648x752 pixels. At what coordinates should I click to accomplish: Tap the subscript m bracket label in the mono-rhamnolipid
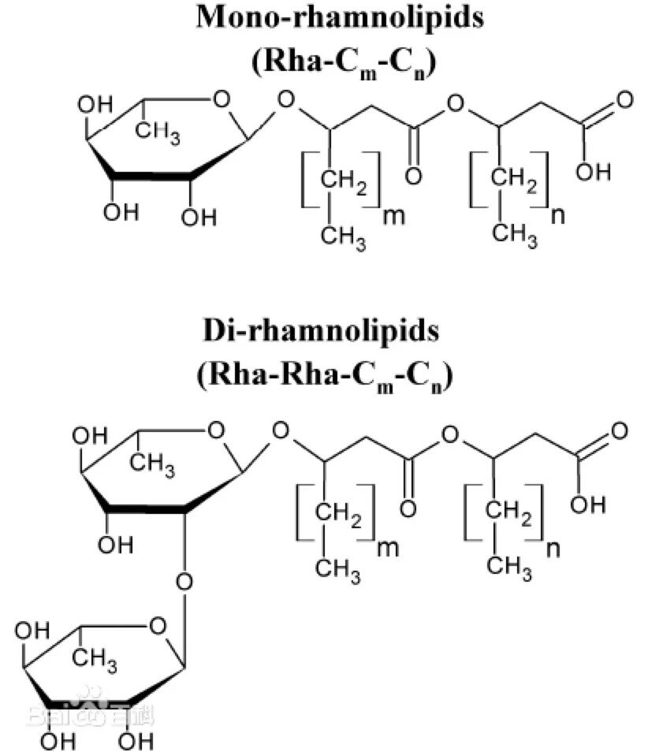coord(392,215)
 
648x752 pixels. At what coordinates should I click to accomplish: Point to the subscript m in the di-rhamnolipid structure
coord(389,548)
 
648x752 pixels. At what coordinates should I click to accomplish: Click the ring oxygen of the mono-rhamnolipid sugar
coord(221,101)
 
